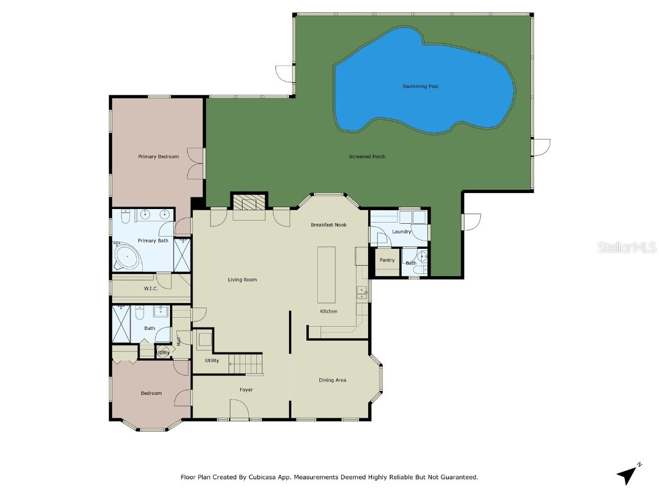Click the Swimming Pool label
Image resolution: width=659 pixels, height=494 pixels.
(x=420, y=86)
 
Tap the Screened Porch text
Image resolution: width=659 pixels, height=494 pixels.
(x=367, y=156)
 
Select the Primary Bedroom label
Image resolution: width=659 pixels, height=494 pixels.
(x=158, y=156)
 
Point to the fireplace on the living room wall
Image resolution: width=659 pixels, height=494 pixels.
(x=248, y=204)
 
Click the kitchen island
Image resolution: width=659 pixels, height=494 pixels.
(x=326, y=273)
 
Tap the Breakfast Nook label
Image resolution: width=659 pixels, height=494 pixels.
(x=328, y=224)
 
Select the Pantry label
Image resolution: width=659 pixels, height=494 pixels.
(x=387, y=260)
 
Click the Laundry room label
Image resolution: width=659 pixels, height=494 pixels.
(x=402, y=232)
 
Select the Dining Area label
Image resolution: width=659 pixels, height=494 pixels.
(x=332, y=380)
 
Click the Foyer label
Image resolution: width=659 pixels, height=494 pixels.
(x=246, y=390)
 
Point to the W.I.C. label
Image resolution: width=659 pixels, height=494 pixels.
(x=151, y=289)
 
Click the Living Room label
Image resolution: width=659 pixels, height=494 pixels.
(x=242, y=280)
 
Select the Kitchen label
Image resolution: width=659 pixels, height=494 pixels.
(x=329, y=311)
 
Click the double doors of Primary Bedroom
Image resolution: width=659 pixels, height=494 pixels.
(x=196, y=163)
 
